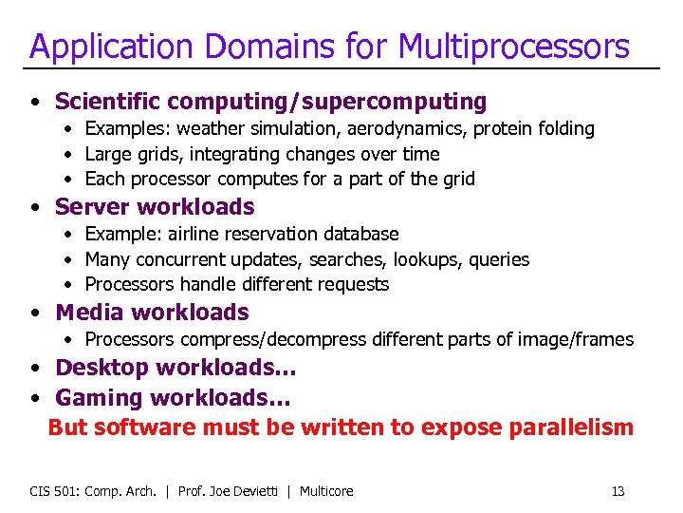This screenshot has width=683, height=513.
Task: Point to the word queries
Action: tap(499, 259)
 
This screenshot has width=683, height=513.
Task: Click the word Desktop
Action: tap(102, 368)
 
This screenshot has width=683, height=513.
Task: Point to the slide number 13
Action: tap(618, 491)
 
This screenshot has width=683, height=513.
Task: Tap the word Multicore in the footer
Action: tap(326, 491)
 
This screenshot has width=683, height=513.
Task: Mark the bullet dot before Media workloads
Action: tap(34, 313)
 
